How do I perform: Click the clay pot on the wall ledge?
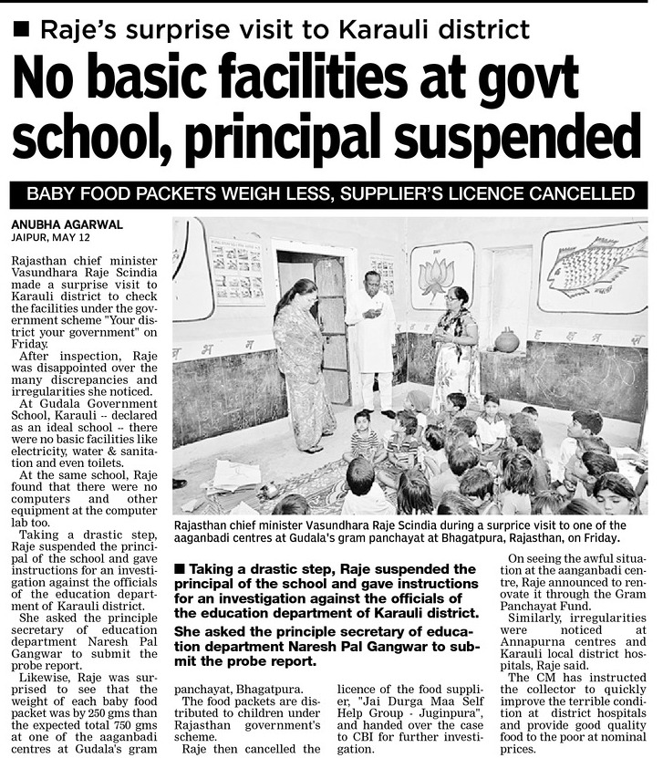[506, 341]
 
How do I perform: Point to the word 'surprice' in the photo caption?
[487, 524]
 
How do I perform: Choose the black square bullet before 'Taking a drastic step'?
[181, 569]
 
